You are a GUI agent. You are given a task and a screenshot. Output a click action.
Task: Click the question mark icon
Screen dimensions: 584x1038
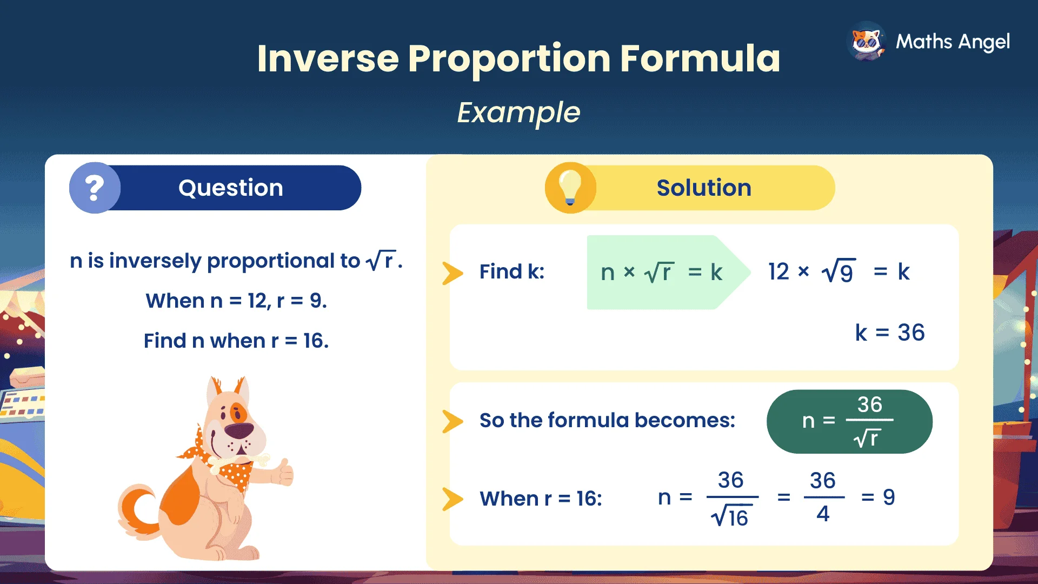pyautogui.click(x=95, y=188)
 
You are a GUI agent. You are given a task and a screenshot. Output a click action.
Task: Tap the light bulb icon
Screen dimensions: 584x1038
pyautogui.click(x=570, y=187)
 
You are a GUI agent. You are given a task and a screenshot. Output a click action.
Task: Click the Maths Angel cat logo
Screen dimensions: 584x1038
pyautogui.click(x=867, y=42)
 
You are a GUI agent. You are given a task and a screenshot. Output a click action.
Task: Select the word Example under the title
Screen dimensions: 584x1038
pyautogui.click(x=518, y=112)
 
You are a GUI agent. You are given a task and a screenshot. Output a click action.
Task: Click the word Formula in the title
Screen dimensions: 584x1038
pyautogui.click(x=700, y=58)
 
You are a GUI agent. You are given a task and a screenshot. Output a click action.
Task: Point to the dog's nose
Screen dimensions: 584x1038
pyautogui.click(x=239, y=430)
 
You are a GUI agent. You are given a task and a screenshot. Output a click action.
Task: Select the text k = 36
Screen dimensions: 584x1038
pyautogui.click(x=889, y=333)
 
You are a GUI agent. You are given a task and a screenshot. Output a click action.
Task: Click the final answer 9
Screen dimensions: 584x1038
pyautogui.click(x=889, y=497)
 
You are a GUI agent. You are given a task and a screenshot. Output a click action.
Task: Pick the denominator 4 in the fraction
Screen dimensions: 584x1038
pyautogui.click(x=823, y=514)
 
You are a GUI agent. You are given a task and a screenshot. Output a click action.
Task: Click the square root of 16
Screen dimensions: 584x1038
pyautogui.click(x=730, y=517)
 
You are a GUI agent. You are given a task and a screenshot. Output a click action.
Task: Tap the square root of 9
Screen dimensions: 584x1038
pyautogui.click(x=838, y=271)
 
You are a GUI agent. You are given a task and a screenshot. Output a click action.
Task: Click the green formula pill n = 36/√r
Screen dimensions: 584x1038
pyautogui.click(x=849, y=421)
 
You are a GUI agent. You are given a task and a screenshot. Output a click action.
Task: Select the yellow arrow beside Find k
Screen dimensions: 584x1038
pyautogui.click(x=453, y=273)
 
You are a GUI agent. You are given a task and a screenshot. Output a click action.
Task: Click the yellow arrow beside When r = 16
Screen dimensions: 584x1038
pyautogui.click(x=453, y=499)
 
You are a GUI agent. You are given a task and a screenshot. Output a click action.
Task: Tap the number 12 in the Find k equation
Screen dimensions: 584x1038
pyautogui.click(x=778, y=271)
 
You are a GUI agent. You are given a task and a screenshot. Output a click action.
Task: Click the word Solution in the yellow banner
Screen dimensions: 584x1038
pyautogui.click(x=703, y=188)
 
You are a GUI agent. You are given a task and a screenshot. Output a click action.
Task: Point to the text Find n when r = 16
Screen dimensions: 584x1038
pyautogui.click(x=236, y=341)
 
